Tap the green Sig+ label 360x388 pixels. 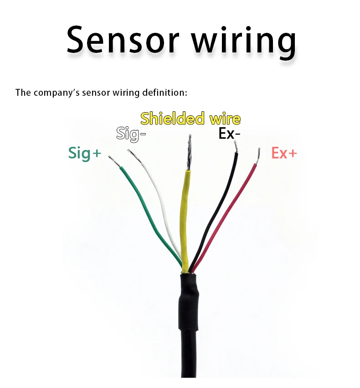coord(85,153)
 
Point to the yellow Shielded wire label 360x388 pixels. coord(190,119)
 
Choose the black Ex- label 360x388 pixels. coord(229,134)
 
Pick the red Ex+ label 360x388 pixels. coord(284,153)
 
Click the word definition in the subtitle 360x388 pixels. coord(164,93)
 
